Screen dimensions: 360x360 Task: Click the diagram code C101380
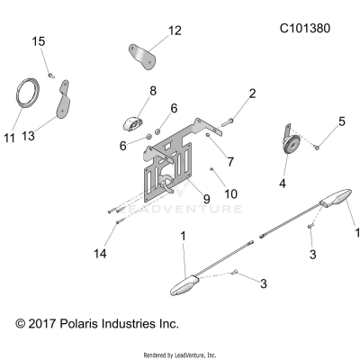[x=305, y=28]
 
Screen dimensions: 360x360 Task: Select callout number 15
[x=39, y=41]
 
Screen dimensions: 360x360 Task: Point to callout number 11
[x=10, y=138]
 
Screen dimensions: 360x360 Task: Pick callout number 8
[x=152, y=91]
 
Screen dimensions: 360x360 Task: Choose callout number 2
[x=252, y=94]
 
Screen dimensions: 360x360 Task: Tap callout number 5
[x=341, y=121]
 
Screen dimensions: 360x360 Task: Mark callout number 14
[x=100, y=255]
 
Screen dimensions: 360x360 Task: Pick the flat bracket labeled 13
[x=63, y=103]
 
